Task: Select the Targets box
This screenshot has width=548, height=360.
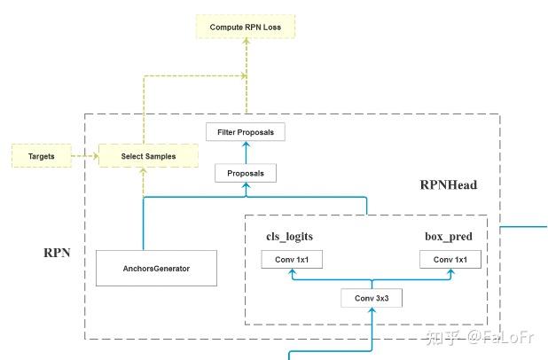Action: point(42,156)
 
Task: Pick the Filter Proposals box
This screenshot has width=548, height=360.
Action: point(245,132)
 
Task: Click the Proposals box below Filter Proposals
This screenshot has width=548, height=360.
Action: point(246,172)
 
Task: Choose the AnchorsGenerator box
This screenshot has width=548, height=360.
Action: point(156,267)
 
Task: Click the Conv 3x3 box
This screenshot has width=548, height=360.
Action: point(372,298)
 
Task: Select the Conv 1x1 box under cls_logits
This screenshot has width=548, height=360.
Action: point(292,260)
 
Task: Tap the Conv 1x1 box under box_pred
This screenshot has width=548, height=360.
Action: point(450,260)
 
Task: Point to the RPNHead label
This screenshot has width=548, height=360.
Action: point(449,186)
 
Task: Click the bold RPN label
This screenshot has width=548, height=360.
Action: point(59,253)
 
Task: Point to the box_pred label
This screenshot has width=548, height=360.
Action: point(449,237)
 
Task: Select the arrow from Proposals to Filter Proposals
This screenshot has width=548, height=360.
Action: point(246,152)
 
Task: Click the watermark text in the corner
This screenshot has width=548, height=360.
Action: point(480,338)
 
